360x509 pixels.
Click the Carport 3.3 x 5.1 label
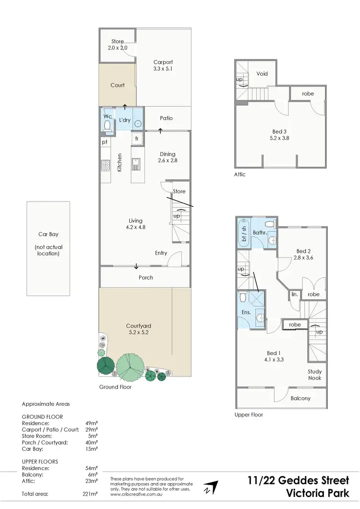point(163,65)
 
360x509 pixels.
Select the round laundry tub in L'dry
point(138,123)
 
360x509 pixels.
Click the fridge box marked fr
point(137,139)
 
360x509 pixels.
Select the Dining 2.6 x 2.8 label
point(168,158)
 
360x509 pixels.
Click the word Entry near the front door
point(161,253)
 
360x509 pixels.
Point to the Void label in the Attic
point(262,74)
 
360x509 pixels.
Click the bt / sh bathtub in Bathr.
point(243,232)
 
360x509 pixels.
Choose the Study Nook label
point(315,375)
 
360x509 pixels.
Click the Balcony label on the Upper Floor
point(300,398)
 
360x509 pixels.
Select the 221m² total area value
point(90,494)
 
